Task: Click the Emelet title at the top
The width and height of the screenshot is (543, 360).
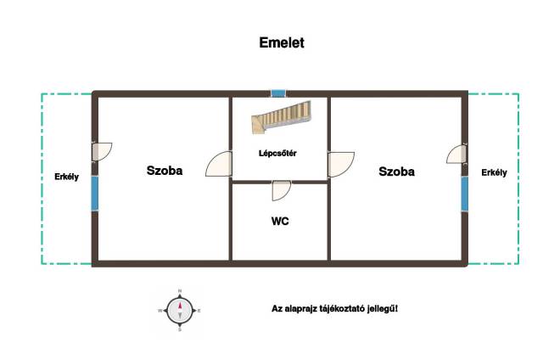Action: pyautogui.click(x=282, y=42)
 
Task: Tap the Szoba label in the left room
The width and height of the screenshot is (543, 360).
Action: pyautogui.click(x=165, y=171)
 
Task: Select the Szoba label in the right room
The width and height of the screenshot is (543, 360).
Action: pyautogui.click(x=396, y=172)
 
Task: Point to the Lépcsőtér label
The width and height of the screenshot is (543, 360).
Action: pyautogui.click(x=277, y=153)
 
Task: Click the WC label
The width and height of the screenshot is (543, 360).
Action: pyautogui.click(x=280, y=221)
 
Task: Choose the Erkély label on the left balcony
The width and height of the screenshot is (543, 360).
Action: pyautogui.click(x=66, y=177)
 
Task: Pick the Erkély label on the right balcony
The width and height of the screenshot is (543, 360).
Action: pyautogui.click(x=494, y=172)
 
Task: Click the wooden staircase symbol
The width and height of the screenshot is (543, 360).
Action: pyautogui.click(x=281, y=117)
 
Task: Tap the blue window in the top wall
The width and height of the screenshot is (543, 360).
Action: pyautogui.click(x=278, y=93)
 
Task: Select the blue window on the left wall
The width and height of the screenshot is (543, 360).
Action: pyautogui.click(x=94, y=194)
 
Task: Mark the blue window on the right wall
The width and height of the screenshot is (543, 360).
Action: pyautogui.click(x=464, y=194)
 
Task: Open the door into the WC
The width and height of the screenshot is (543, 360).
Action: pyautogui.click(x=281, y=191)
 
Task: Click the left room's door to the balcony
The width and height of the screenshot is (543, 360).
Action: pyautogui.click(x=102, y=151)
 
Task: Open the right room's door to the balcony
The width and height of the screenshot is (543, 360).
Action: pyautogui.click(x=456, y=155)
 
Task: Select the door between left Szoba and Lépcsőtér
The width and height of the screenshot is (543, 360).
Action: pyautogui.click(x=219, y=164)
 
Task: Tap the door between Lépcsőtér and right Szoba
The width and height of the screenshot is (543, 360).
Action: pyautogui.click(x=341, y=165)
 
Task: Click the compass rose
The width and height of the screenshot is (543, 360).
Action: pyautogui.click(x=180, y=311)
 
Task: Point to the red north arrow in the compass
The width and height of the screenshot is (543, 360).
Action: pyautogui.click(x=180, y=306)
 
